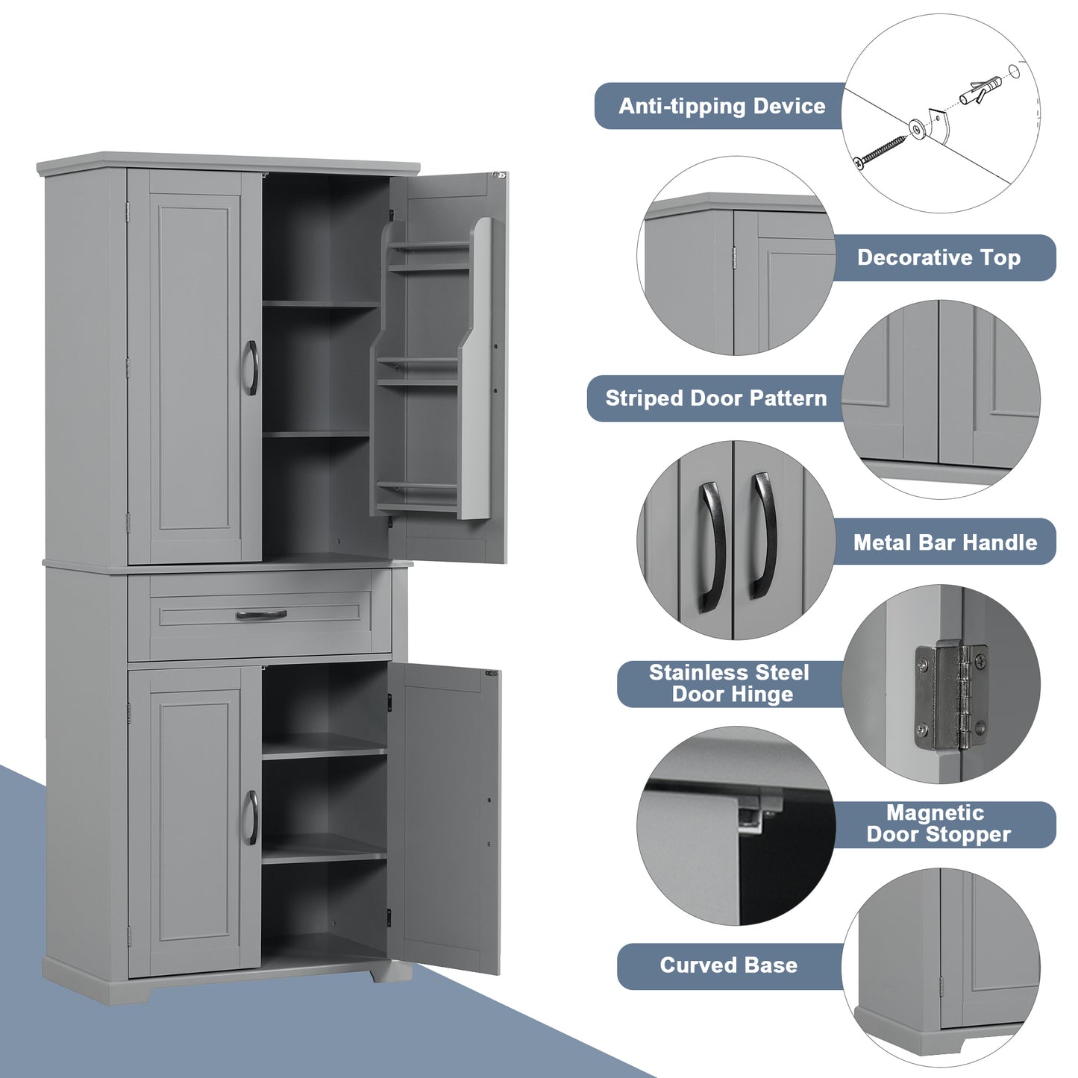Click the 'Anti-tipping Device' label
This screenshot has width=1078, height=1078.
(721, 106)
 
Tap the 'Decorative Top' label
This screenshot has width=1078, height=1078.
(938, 258)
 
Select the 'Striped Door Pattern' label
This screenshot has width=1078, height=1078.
(715, 398)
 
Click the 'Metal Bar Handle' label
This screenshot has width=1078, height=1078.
(944, 542)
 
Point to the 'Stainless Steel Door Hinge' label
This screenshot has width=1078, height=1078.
(729, 683)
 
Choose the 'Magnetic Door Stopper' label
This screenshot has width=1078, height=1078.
(938, 824)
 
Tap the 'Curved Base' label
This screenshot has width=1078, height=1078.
(728, 965)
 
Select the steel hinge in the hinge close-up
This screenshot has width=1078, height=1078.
(951, 698)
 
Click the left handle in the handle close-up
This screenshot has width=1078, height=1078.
(712, 546)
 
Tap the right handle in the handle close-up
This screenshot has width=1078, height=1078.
(763, 536)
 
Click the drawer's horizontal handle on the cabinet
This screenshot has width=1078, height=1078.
(261, 615)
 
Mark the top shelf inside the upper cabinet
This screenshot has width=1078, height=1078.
(320, 304)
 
